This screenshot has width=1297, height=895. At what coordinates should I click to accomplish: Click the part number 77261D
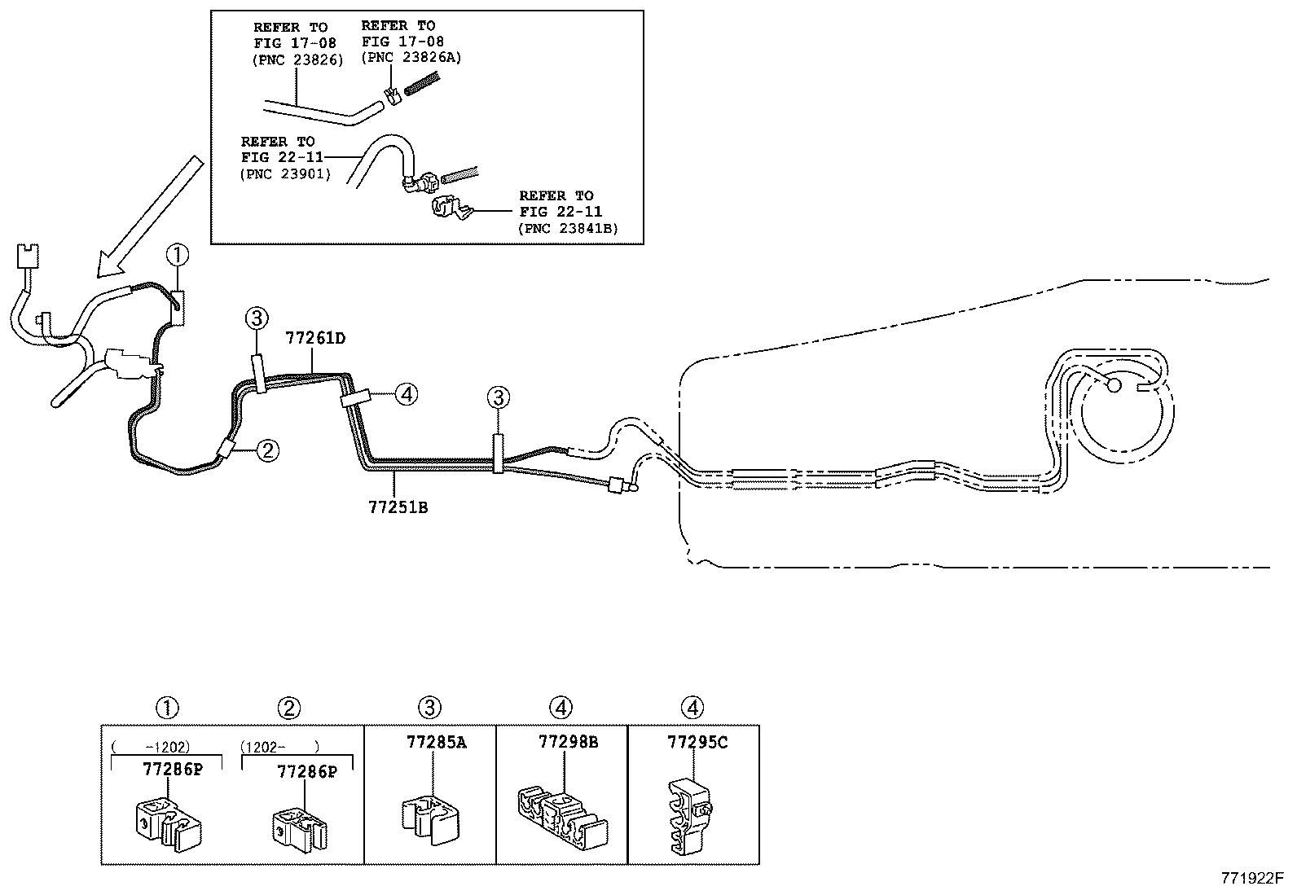coord(315,338)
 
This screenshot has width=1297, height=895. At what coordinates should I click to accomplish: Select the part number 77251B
coord(398,507)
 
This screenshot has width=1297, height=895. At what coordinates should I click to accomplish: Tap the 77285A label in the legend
coord(437,742)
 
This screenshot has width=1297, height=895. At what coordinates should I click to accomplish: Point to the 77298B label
coord(568,742)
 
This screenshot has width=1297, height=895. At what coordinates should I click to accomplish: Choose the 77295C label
coord(697,742)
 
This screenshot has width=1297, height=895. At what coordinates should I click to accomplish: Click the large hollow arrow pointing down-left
coord(147,216)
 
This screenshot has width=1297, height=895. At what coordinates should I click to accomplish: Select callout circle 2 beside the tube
coord(268,450)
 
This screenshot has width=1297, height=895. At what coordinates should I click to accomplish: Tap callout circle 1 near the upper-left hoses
coord(178,256)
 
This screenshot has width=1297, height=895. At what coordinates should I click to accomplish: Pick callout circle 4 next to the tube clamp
coord(407,395)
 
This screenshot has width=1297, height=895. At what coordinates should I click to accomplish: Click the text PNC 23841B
coord(568,228)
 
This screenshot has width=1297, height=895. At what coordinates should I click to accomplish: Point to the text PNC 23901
coord(286,173)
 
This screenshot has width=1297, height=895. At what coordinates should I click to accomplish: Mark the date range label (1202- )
coord(280,746)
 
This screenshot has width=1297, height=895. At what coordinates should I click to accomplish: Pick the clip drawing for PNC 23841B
coord(447,210)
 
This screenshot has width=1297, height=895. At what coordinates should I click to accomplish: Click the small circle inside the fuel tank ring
coord(1114,385)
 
